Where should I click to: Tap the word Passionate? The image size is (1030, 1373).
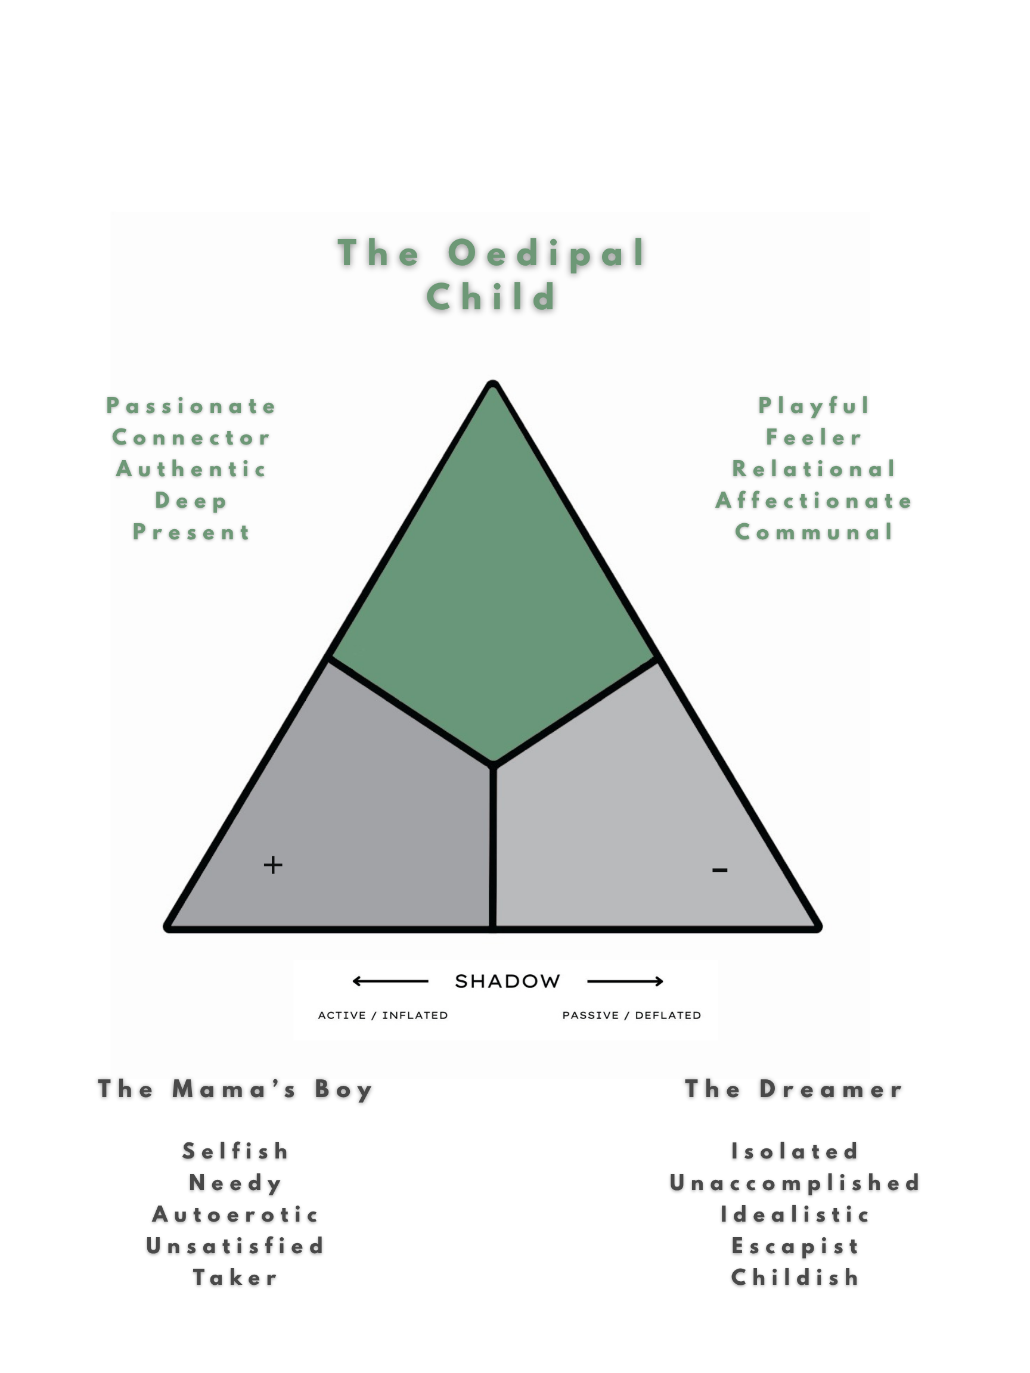click(191, 406)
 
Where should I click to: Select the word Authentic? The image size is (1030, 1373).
click(191, 469)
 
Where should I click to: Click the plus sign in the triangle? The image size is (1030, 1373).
click(273, 865)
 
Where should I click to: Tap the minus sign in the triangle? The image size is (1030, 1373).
click(719, 870)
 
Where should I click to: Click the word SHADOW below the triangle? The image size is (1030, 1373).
click(507, 981)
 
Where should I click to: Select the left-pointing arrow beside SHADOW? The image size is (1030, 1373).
click(390, 981)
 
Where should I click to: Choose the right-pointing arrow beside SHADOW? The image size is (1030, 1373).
click(625, 981)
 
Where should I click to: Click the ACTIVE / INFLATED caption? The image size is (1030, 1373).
click(383, 1015)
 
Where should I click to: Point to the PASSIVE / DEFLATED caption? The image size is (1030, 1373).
click(631, 1015)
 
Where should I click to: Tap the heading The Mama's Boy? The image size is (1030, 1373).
click(235, 1089)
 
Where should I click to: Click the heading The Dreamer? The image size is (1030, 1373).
click(793, 1089)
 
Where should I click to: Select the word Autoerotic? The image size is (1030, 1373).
click(235, 1214)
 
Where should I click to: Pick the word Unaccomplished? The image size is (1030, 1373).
click(795, 1183)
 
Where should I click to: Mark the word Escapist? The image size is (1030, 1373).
click(795, 1247)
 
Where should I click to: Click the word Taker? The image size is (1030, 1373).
click(235, 1278)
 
